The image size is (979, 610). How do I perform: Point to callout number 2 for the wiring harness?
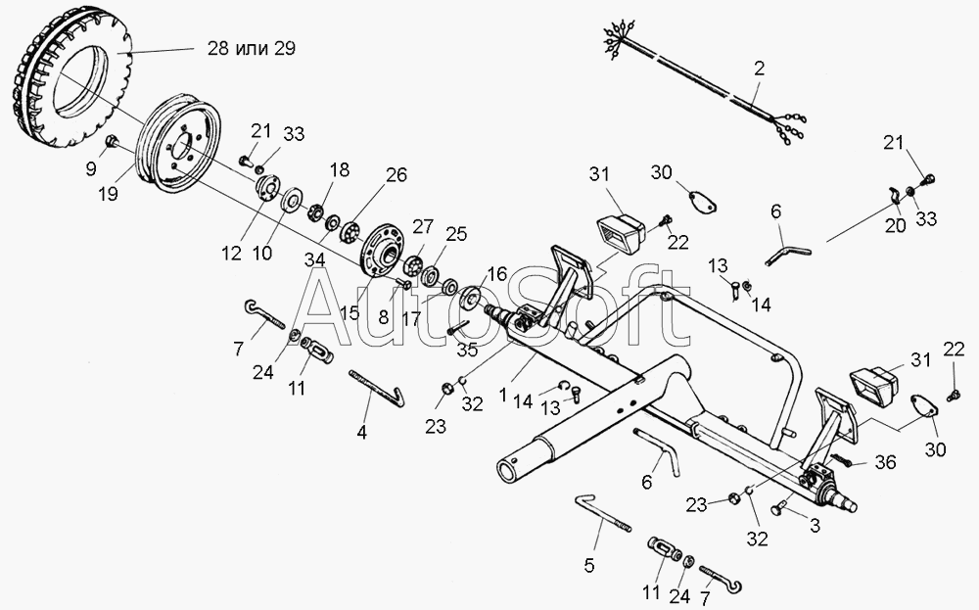click(x=759, y=70)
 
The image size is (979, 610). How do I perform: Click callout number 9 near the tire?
click(x=90, y=168)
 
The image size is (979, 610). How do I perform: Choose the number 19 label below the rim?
click(x=107, y=194)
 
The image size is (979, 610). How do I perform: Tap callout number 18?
click(x=338, y=170)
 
